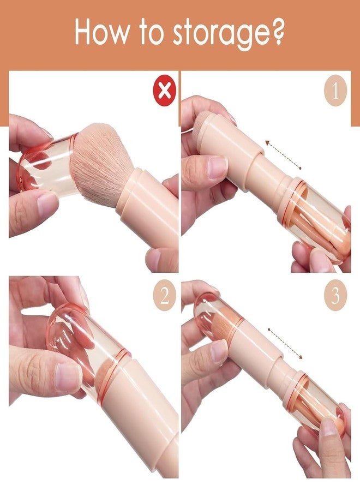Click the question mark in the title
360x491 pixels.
276,31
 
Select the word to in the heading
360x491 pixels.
152,33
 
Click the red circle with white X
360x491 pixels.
164,91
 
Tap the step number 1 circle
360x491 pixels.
335,91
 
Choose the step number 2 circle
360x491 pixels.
165,296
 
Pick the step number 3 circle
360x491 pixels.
335,296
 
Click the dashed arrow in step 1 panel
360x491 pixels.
283,155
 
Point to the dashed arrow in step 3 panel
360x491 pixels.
285,344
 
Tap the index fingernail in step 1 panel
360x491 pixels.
217,166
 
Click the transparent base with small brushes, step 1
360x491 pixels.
315,219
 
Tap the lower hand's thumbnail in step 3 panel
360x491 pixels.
329,427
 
